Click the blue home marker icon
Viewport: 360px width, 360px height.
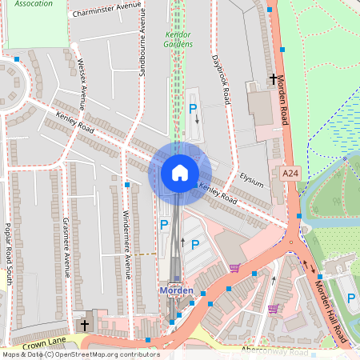(180, 172)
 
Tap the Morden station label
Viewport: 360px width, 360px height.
(176, 290)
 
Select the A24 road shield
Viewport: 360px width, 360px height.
(290, 173)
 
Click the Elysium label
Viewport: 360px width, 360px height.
(251, 181)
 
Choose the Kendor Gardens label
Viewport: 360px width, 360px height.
(178, 39)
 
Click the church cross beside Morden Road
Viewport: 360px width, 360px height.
(274, 80)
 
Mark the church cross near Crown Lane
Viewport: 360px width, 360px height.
(85, 325)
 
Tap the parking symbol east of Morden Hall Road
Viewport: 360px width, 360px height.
(351, 298)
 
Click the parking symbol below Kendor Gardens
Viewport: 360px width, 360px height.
(192, 108)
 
